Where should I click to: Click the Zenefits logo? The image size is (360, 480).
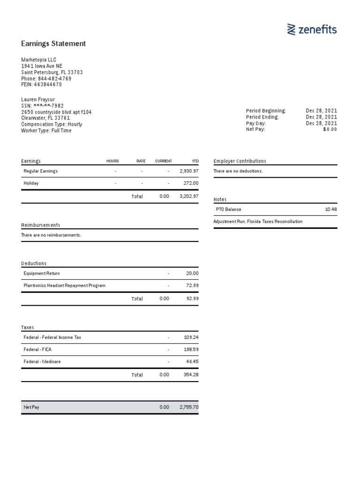point(312,30)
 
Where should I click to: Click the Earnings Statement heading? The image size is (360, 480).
point(53,44)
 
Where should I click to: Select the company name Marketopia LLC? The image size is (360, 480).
point(39,60)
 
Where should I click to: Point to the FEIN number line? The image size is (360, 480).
point(41,84)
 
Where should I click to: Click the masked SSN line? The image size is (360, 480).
point(42,106)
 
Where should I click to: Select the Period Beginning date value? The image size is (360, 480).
point(321,111)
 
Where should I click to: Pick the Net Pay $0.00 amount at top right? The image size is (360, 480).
point(330,129)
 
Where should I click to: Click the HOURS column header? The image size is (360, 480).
point(112,161)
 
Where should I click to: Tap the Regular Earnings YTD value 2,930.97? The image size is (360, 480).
point(189,172)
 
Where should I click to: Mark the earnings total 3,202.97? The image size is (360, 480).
point(189,196)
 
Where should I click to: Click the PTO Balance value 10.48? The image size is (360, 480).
point(330,210)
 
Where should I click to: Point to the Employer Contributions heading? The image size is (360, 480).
point(240,161)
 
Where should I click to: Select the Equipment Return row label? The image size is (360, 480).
point(42,273)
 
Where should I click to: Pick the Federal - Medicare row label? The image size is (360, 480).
point(42,362)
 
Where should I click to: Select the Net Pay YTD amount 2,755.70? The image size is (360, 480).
point(189,407)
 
